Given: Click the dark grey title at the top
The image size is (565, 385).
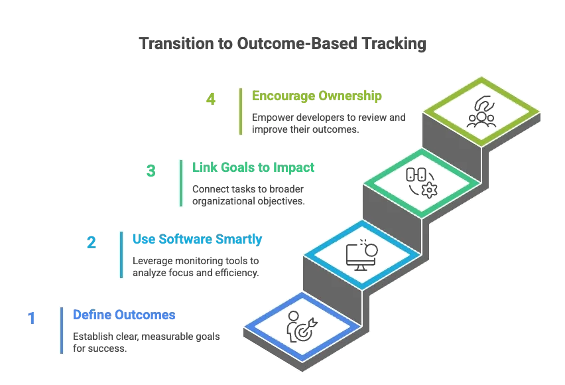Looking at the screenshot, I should click(283, 44).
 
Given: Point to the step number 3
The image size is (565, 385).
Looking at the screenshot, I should click(151, 171).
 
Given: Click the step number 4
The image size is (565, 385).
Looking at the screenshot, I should click(210, 100).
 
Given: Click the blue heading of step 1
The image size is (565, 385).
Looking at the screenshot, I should click(125, 315).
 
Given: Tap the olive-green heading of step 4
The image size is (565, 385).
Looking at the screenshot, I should click(316, 96).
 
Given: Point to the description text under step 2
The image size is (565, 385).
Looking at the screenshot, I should click(196, 267).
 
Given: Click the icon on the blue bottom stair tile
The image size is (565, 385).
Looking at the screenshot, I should click(299, 328).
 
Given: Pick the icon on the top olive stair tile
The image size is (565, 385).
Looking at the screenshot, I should click(481, 111).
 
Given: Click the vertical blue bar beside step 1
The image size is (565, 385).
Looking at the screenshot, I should click(62, 329).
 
